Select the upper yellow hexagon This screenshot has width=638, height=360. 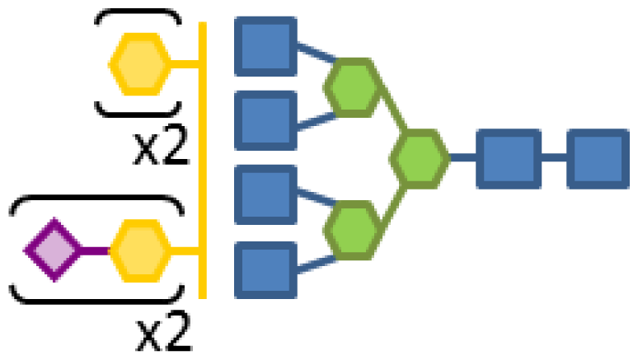click(x=140, y=63)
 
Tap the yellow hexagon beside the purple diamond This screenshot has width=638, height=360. click(x=140, y=250)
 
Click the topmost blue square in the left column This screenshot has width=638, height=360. click(x=265, y=45)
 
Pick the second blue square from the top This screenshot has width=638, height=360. click(x=265, y=120)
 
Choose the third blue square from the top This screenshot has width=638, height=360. click(x=265, y=194)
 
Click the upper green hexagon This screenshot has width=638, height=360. click(x=354, y=86)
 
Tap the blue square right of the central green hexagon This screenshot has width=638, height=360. click(x=508, y=157)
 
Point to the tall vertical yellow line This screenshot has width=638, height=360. click(x=203, y=165)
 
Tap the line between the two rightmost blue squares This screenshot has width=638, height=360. click(x=553, y=157)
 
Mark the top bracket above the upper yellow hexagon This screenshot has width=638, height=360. click(x=137, y=14)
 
